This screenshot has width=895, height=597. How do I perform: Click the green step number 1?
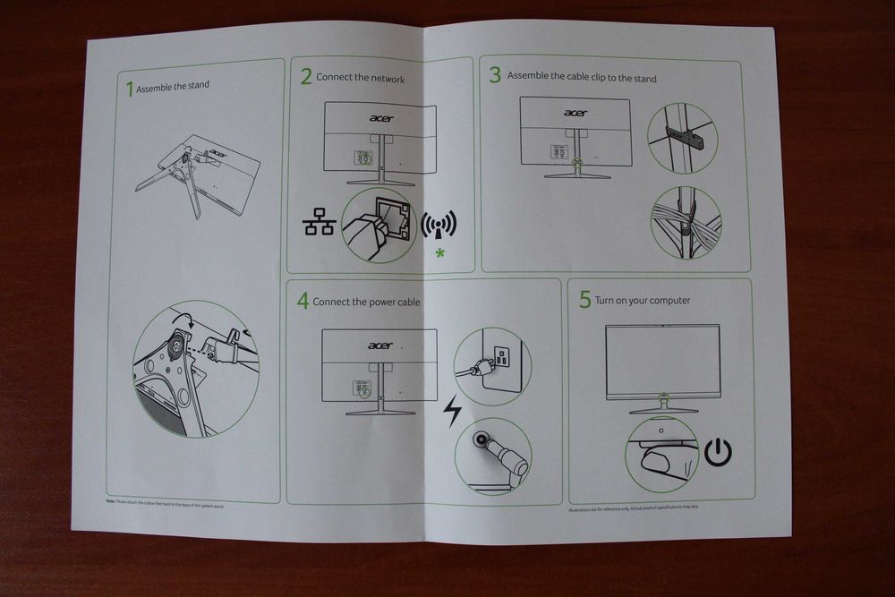(x=130, y=88)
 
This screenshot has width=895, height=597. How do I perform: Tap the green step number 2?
(x=306, y=77)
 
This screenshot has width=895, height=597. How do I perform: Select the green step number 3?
(x=495, y=75)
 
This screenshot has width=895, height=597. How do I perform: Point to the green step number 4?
(x=303, y=302)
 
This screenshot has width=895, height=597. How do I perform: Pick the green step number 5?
(x=585, y=300)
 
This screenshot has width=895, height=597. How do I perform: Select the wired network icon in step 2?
(x=319, y=224)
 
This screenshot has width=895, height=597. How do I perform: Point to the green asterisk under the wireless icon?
(x=439, y=256)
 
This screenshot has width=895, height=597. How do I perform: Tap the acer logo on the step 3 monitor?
(x=575, y=113)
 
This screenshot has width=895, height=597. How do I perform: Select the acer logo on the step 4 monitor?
(x=379, y=345)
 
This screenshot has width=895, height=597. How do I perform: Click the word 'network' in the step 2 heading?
(x=387, y=79)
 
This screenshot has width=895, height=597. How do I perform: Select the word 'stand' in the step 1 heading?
(x=198, y=87)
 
